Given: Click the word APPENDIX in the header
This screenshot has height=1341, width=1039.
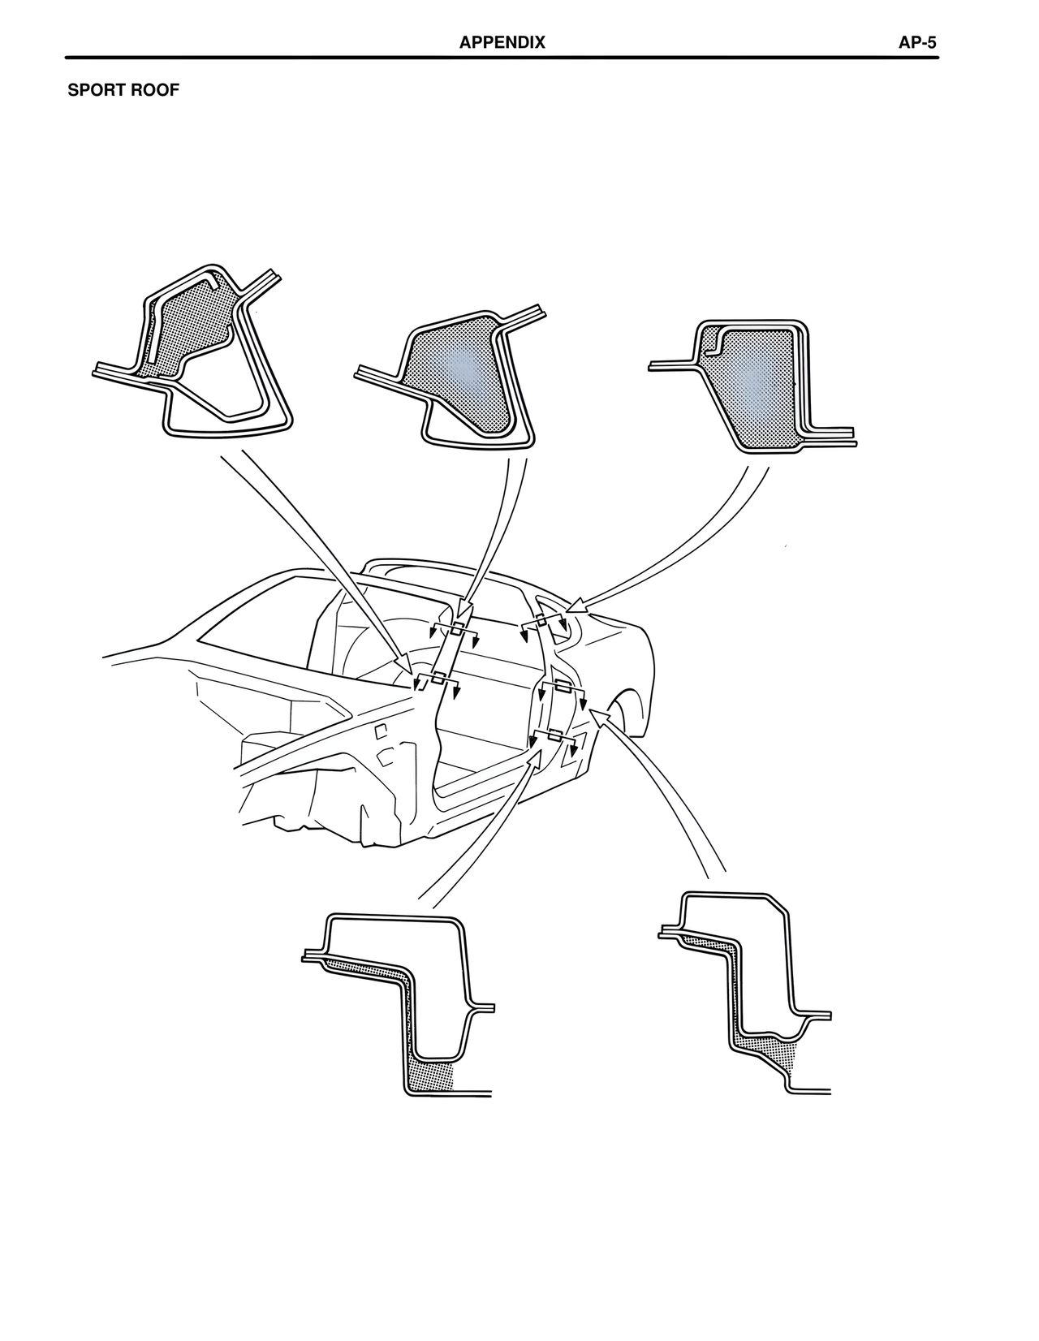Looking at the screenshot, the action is pos(502,42).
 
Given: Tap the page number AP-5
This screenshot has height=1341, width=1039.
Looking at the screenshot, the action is pos(917,42).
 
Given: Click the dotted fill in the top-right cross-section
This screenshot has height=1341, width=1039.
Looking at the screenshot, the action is pos(756,386).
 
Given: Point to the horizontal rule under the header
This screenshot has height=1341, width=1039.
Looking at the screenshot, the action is pos(502,58).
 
